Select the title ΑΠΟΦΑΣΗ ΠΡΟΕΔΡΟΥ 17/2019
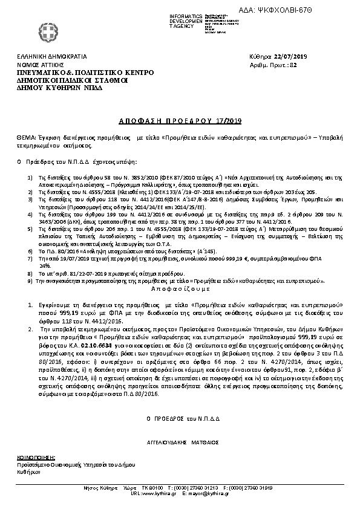(x=180, y=105)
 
